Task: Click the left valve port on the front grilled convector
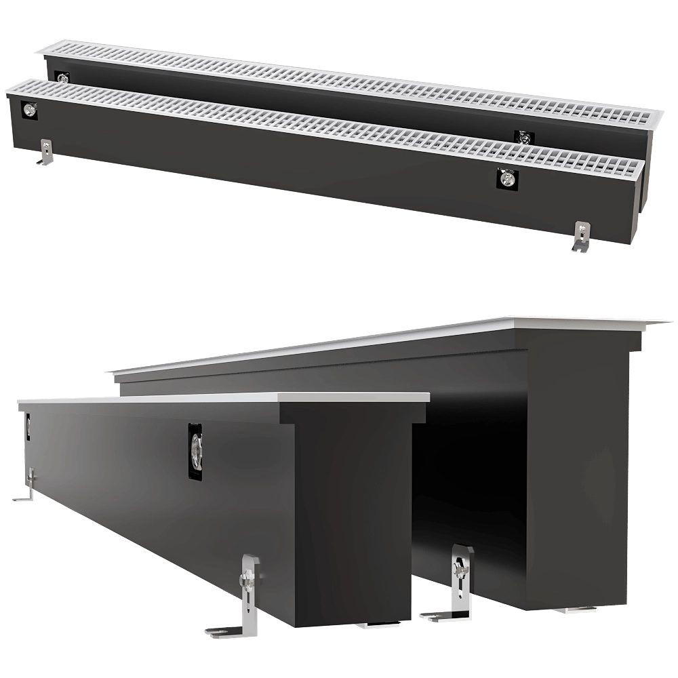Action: [29, 110]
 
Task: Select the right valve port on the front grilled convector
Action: [507, 178]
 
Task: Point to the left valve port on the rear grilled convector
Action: [62, 78]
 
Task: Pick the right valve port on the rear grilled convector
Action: [523, 138]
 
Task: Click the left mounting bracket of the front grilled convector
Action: [45, 153]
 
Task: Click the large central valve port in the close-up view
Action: [195, 451]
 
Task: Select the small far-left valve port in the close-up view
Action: [28, 426]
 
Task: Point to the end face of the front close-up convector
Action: [353, 515]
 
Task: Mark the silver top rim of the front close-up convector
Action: [224, 398]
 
